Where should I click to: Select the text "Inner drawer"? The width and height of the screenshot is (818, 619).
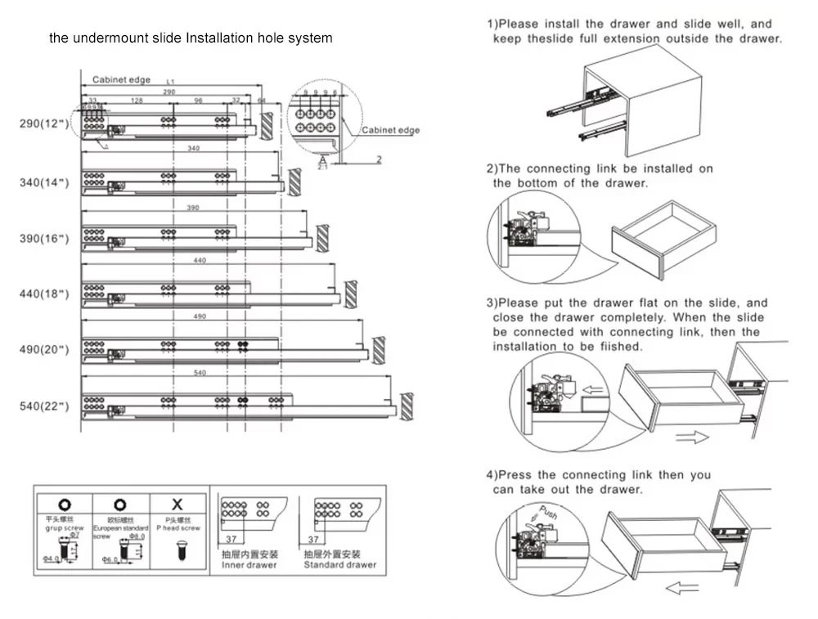click(250, 565)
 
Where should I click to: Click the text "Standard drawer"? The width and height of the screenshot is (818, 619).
click(340, 565)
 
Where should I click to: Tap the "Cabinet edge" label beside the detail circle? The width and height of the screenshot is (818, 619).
click(390, 130)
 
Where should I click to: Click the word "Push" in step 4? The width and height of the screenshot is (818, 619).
click(548, 514)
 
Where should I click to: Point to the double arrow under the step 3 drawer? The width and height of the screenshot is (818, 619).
click(692, 437)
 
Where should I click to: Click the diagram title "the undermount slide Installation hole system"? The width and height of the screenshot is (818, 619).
click(191, 38)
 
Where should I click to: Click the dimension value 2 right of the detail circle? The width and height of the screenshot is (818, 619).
click(379, 159)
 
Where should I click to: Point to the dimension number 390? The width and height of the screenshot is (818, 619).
click(193, 209)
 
